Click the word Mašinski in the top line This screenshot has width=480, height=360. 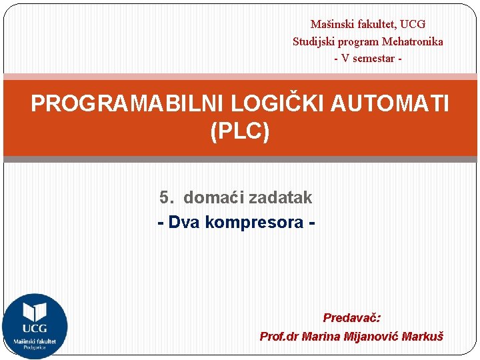coord(331,25)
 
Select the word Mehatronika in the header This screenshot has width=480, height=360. coord(412,41)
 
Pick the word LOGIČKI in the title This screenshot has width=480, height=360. coord(275,104)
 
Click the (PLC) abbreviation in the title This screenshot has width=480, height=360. coord(240,131)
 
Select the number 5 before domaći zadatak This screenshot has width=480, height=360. coord(165,197)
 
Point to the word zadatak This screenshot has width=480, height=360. coord(280,197)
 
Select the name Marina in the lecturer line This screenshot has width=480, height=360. coord(321,337)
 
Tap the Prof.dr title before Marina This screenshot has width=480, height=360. coord(279,337)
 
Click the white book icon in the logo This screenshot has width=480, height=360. coord(35,312)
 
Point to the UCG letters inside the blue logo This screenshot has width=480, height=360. coord(35,329)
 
